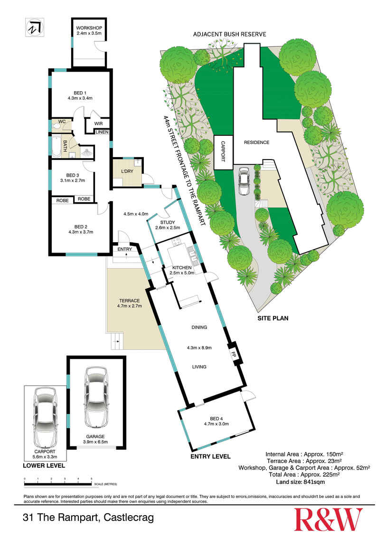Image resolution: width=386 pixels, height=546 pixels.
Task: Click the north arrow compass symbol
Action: coord(35,27)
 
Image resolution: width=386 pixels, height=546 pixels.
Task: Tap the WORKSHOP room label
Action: coord(89,28)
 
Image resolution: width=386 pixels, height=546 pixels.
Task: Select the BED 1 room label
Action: coord(80,93)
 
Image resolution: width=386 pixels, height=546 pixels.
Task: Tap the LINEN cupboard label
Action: coord(102,132)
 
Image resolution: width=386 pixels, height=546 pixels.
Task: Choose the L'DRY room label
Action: coord(127,171)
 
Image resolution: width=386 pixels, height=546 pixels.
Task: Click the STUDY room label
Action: coord(168,222)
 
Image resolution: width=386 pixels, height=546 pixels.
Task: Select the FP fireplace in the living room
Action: coord(233,354)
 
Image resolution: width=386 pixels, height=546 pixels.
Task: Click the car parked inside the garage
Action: coord(96,397)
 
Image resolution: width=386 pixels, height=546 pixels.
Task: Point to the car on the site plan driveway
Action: coord(244,181)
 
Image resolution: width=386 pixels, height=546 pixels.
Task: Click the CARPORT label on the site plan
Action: coord(223,151)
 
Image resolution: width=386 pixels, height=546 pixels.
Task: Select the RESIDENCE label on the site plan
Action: coord(256,142)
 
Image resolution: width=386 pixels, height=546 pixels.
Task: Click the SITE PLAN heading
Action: coord(273,318)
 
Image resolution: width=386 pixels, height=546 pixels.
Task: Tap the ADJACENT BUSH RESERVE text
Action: coord(230,34)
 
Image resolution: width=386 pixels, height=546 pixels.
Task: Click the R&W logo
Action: coord(328,519)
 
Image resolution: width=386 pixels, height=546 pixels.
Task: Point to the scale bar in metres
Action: coord(58,483)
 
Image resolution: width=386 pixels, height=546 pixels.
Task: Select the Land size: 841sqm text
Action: coord(301,482)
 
